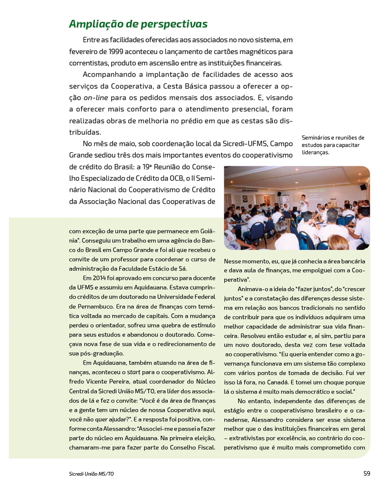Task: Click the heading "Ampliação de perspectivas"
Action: pos(138,24)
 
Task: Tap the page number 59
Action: pos(367,473)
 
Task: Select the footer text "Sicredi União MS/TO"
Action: pos(91,474)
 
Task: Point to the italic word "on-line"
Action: pos(96,98)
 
